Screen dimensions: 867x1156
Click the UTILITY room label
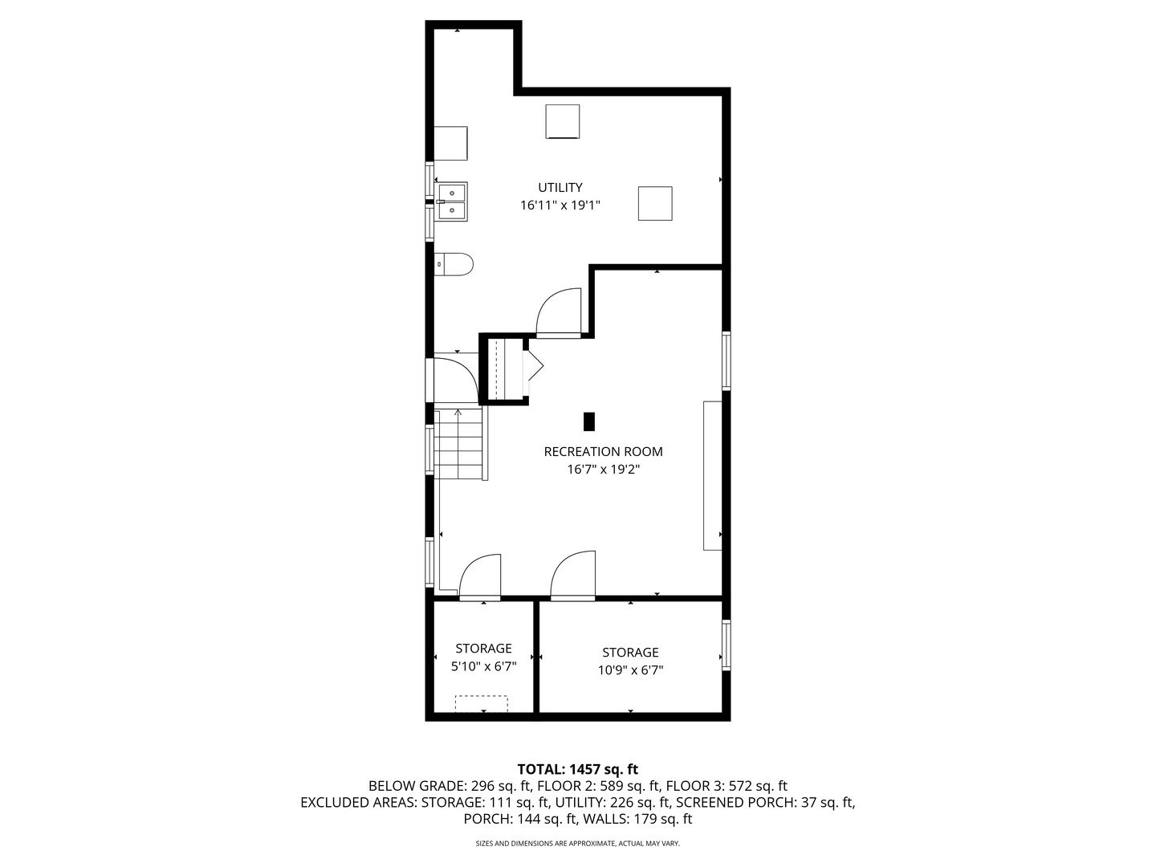coord(560,188)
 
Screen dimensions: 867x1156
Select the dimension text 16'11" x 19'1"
coord(560,206)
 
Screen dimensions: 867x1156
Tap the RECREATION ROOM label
coord(603,452)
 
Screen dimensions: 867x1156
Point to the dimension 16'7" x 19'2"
coord(603,470)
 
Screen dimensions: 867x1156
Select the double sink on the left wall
coord(452,201)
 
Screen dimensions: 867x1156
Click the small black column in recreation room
coord(589,421)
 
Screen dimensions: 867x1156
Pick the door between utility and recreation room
coord(559,313)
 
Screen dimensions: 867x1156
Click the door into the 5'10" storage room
coord(480,578)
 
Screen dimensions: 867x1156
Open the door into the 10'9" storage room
coord(573,576)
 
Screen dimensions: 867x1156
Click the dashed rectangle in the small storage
coord(482,703)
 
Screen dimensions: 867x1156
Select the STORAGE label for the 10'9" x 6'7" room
coord(630,653)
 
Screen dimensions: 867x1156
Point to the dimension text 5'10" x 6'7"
coord(483,666)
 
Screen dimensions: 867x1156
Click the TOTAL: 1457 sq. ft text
coord(577,769)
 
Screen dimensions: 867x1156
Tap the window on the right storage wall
coord(726,645)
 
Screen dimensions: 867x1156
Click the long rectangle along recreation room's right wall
coord(712,475)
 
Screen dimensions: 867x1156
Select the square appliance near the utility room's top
coord(563,121)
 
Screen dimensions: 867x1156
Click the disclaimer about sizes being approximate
coord(577,844)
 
